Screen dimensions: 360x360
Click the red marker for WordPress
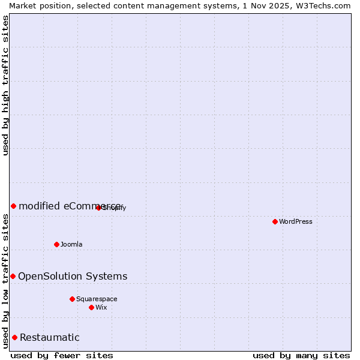pyautogui.click(x=275, y=221)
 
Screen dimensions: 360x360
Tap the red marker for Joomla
pyautogui.click(x=56, y=244)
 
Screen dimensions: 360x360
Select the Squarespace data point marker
pyautogui.click(x=72, y=299)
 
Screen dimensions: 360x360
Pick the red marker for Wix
pyautogui.click(x=91, y=307)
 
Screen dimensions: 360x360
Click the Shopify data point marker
pyautogui.click(x=98, y=208)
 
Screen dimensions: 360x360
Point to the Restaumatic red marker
pyautogui.click(x=14, y=337)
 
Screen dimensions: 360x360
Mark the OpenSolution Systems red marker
pyautogui.click(x=13, y=276)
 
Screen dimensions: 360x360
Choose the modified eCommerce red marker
pyautogui.click(x=13, y=206)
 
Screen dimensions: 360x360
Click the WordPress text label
pyautogui.click(x=296, y=221)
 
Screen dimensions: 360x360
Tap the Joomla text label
pyautogui.click(x=71, y=244)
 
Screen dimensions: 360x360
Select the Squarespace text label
pyautogui.click(x=97, y=299)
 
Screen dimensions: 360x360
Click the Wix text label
pyautogui.click(x=101, y=307)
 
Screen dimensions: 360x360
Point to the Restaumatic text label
pyautogui.click(x=49, y=337)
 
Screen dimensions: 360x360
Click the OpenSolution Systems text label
pyautogui.click(x=73, y=276)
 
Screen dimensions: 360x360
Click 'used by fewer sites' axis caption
pyautogui.click(x=62, y=355)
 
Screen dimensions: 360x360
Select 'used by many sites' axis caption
pyautogui.click(x=301, y=355)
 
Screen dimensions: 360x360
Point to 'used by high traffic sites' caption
pyautogui.click(x=6, y=85)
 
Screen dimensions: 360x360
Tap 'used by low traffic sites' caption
pyautogui.click(x=6, y=281)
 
